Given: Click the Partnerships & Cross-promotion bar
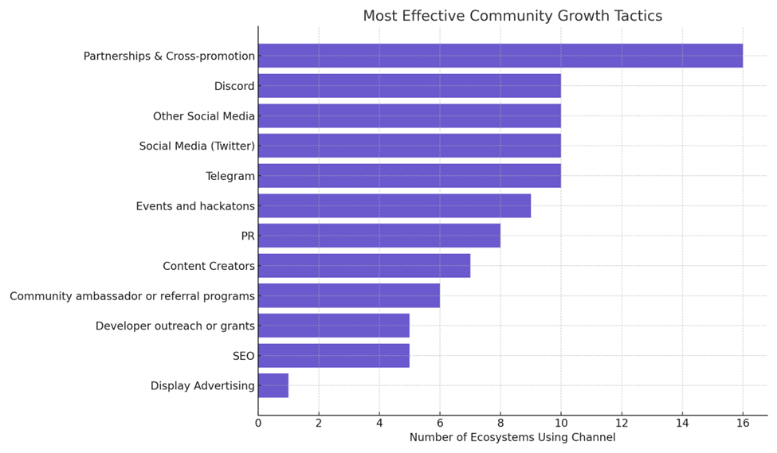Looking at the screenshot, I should [x=500, y=56].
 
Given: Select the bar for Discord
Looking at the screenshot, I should [x=409, y=86].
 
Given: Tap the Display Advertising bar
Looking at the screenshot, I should [x=273, y=386].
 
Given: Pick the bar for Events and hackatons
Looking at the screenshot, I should [x=394, y=206].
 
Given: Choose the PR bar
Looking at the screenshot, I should [x=379, y=236].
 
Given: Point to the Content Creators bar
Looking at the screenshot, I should [x=363, y=266].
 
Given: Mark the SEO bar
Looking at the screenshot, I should [x=333, y=356].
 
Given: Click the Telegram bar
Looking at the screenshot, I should [x=409, y=176].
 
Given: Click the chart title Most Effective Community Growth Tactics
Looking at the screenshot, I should [x=512, y=16].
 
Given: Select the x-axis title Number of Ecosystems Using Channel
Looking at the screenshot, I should [x=512, y=438].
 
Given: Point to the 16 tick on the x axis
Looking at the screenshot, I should [x=743, y=424].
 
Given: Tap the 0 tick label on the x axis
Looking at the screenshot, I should [x=258, y=424].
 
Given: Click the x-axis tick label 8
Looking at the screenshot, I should [x=500, y=424].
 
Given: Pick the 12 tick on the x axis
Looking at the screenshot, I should [x=622, y=424].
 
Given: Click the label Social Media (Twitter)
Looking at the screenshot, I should [x=197, y=146].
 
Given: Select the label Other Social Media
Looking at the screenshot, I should [x=204, y=116].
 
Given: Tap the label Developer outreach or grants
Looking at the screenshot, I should [x=175, y=326].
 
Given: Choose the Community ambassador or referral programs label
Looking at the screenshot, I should [x=132, y=296].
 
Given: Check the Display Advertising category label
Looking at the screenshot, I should [x=202, y=386].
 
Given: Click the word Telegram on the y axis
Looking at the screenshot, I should [x=230, y=176].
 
